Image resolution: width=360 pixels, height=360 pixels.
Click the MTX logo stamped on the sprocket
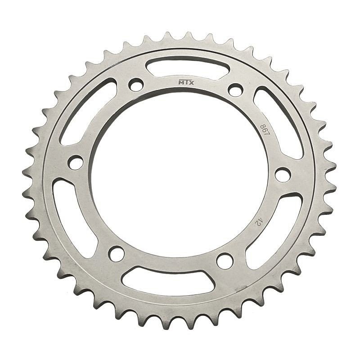tap(186, 82)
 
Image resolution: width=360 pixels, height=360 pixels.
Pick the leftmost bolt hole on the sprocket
tap(76, 162)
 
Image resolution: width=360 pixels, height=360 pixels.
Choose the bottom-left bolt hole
tap(117, 254)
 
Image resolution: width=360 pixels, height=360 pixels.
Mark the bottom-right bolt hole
tap(225, 261)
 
